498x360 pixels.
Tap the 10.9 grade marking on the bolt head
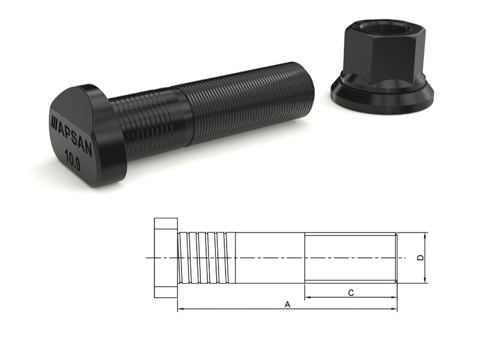(x=75, y=160)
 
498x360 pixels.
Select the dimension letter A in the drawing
(x=287, y=304)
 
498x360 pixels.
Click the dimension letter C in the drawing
(x=351, y=292)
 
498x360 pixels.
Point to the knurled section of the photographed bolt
(x=147, y=123)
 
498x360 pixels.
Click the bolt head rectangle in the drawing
(x=166, y=258)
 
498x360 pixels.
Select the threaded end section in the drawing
(x=351, y=258)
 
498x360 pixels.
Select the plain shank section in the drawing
(x=270, y=258)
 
